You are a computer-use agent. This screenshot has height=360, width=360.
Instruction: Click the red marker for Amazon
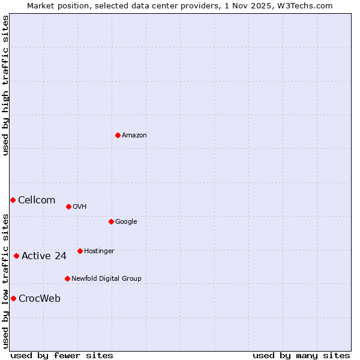(x=118, y=135)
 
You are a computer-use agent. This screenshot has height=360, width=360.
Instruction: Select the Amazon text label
(x=134, y=136)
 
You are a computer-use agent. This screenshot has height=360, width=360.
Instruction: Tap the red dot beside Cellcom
(x=13, y=200)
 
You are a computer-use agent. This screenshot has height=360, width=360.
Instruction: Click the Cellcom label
(x=37, y=200)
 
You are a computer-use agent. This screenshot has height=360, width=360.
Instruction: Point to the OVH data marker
(x=68, y=206)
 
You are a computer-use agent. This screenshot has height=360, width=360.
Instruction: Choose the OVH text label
(x=80, y=207)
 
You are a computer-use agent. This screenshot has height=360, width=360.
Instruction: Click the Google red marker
(x=111, y=221)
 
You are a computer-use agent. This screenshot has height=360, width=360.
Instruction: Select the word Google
(x=126, y=222)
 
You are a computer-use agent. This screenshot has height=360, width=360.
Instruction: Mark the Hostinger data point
(x=80, y=251)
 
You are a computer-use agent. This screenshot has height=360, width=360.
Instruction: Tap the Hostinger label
(x=99, y=251)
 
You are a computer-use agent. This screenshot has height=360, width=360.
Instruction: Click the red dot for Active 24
(x=16, y=256)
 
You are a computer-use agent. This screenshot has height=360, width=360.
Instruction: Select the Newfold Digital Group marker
(x=67, y=278)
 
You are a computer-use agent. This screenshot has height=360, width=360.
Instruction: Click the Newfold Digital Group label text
(x=106, y=279)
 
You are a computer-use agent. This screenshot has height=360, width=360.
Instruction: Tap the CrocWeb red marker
(x=13, y=298)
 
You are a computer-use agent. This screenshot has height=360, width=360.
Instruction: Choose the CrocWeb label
(x=40, y=299)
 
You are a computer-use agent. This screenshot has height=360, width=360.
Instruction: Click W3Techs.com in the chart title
(x=305, y=6)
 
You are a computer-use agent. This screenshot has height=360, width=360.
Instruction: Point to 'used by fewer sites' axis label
(x=62, y=355)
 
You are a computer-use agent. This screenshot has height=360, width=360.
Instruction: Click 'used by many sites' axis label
(x=301, y=355)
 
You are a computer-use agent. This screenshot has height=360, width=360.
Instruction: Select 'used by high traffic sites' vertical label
(x=6, y=85)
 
